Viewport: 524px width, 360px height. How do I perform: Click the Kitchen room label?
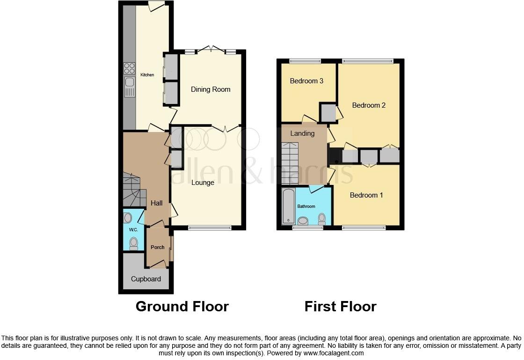click(x=147, y=75)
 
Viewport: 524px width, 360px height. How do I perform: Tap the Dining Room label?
click(x=211, y=89)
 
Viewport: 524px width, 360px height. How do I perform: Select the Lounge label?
click(x=203, y=183)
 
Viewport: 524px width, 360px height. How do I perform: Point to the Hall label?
click(x=157, y=203)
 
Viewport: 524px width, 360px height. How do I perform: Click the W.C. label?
click(x=133, y=230)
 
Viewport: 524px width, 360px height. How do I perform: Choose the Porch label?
click(x=158, y=247)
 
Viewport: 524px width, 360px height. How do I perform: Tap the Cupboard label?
click(x=146, y=279)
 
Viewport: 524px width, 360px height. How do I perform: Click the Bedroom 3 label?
click(x=306, y=81)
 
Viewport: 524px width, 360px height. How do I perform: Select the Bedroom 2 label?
click(x=369, y=105)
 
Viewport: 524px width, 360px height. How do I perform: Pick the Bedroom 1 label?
click(x=366, y=195)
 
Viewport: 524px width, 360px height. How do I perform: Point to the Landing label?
click(x=302, y=133)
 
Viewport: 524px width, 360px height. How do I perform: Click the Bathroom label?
click(x=306, y=206)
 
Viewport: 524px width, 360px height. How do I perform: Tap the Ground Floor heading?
click(x=182, y=307)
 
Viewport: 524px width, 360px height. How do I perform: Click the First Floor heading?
click(x=340, y=307)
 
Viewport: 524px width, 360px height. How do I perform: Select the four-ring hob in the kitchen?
click(x=130, y=68)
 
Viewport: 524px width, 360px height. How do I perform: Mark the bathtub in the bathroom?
click(x=288, y=206)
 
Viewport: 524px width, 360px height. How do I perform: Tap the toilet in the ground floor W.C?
click(x=134, y=242)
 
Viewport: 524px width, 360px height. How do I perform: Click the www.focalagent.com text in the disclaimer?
click(x=333, y=353)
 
